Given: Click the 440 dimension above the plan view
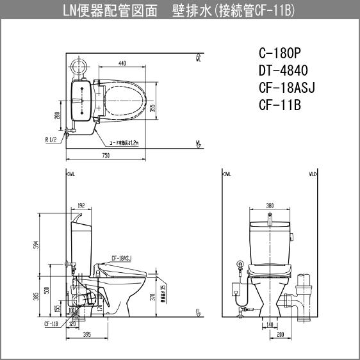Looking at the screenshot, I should pyautogui.click(x=122, y=63).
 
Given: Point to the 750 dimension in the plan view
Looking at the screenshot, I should pyautogui.click(x=106, y=155).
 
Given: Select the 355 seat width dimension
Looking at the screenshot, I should pyautogui.click(x=152, y=107).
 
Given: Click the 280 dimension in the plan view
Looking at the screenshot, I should pyautogui.click(x=57, y=115).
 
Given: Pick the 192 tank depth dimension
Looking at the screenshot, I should pyautogui.click(x=81, y=206).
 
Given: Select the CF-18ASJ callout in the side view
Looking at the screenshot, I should pyautogui.click(x=120, y=257).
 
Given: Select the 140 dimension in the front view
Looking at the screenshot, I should pyautogui.click(x=270, y=325).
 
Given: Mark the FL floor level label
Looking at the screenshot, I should pyautogui.click(x=199, y=312).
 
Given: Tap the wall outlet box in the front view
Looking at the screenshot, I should pyautogui.click(x=240, y=263).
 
